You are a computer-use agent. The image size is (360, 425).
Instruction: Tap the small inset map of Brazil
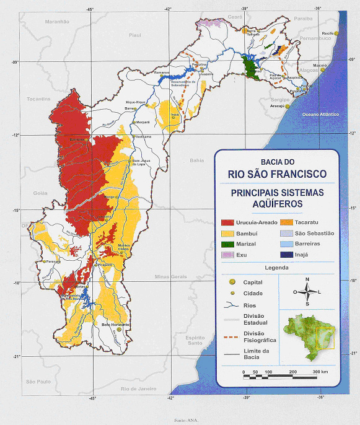(x=309, y=336)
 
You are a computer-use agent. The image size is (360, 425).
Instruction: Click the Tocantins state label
(x=38, y=99)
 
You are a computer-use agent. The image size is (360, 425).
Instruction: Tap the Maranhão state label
(x=56, y=21)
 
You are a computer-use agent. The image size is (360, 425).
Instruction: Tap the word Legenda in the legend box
(x=276, y=268)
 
